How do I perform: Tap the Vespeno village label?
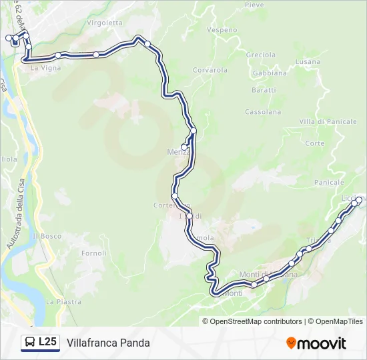point(222,30)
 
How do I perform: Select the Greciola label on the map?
point(260,55)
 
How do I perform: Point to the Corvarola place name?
point(210,70)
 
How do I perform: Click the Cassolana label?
point(263,112)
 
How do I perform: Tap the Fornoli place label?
point(93,253)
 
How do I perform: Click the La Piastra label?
point(63,302)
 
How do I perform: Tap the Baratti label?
point(264,90)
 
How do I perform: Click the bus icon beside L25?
point(30,343)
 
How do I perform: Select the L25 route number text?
point(47,343)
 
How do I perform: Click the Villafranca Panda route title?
point(108,343)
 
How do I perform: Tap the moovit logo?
point(316,343)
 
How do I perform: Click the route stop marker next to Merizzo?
point(183,147)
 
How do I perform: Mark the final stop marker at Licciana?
point(359,199)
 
